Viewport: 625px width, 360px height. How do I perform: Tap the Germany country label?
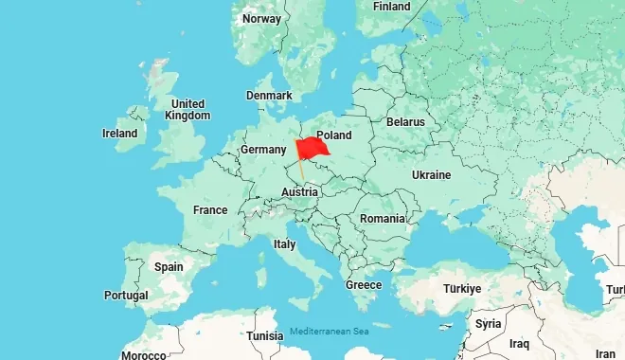tap(262, 150)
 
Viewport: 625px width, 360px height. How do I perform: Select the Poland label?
tap(334, 135)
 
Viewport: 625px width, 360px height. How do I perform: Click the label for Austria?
tap(299, 192)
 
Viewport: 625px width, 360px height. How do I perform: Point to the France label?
tap(209, 210)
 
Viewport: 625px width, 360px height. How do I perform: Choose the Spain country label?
tap(169, 266)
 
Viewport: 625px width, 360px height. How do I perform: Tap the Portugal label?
tap(126, 296)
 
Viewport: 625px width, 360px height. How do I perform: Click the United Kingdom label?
tap(187, 109)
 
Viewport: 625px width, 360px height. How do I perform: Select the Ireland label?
tap(120, 134)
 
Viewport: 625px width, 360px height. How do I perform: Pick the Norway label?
tap(261, 19)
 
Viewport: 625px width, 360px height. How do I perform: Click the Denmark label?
tap(269, 96)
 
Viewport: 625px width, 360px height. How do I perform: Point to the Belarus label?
tap(405, 122)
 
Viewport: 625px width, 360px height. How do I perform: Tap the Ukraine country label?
tap(431, 175)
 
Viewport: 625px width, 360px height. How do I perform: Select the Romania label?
tap(382, 219)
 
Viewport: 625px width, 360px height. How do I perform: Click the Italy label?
tap(284, 243)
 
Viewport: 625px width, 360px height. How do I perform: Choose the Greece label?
tap(364, 285)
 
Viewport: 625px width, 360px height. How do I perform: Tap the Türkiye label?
tap(462, 288)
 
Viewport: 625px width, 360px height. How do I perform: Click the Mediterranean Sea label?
tap(329, 331)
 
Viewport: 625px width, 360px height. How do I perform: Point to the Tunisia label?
tap(264, 336)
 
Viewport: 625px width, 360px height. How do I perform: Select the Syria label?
tap(489, 323)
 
